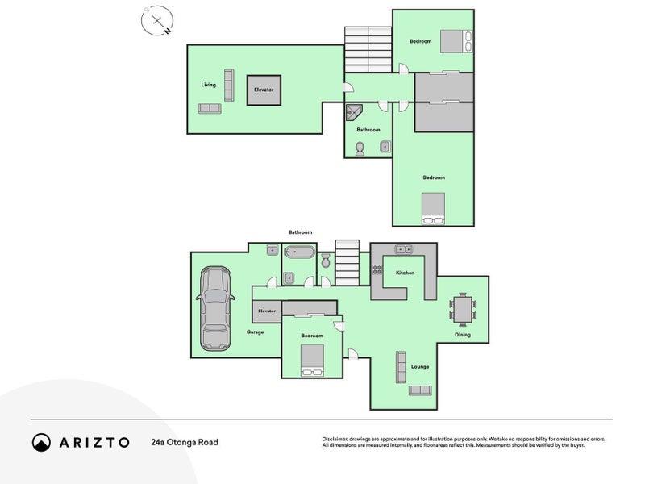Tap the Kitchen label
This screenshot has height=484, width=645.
[x=405, y=273]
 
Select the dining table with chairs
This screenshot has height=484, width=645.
[x=462, y=311]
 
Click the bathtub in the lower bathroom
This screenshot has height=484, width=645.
[x=298, y=252]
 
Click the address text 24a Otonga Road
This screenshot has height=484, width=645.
[x=184, y=442]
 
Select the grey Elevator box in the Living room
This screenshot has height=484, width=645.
[x=264, y=89]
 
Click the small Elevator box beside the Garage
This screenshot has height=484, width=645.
[x=266, y=311]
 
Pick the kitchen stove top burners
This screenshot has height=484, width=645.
[x=376, y=270]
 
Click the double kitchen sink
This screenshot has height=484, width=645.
[x=403, y=248]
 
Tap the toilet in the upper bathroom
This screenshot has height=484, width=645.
[x=360, y=148]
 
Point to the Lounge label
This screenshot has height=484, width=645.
[x=420, y=366]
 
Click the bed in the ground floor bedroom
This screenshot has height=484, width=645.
[x=311, y=360]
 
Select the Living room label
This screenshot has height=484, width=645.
[x=209, y=85]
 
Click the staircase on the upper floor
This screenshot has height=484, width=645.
[x=368, y=50]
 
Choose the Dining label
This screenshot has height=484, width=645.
[x=462, y=335]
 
